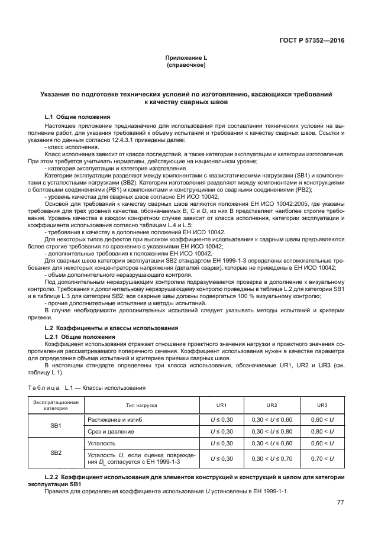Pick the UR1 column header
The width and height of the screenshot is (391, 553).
click(218, 405)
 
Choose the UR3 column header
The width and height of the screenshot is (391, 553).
click(322, 405)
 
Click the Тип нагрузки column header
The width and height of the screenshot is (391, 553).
click(141, 405)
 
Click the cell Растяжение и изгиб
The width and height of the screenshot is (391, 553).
click(115, 419)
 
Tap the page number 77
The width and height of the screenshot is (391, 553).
click(340, 502)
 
